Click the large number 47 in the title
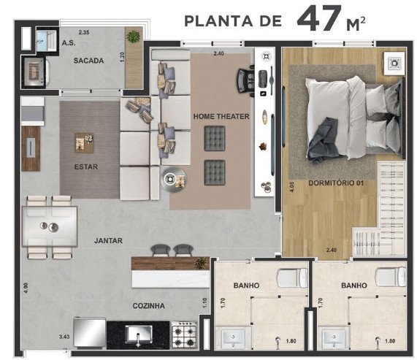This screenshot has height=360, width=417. [x=320, y=18]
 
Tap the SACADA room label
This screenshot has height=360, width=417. [x=88, y=61]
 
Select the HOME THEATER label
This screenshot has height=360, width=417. [x=221, y=116]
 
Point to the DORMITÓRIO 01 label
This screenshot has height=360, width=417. [x=336, y=183]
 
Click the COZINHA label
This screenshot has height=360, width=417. [x=149, y=306]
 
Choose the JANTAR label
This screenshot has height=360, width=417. [x=109, y=241]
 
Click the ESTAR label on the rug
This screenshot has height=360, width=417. [x=86, y=166]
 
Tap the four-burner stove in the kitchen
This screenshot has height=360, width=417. [x=184, y=335]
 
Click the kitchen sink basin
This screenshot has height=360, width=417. [x=138, y=334]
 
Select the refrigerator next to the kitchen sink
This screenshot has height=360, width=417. [x=89, y=332]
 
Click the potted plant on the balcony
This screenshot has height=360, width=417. [x=133, y=37]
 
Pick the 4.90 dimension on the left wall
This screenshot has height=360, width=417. [x=26, y=288]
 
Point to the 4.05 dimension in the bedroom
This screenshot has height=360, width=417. [x=291, y=187]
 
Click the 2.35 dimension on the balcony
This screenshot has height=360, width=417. [x=84, y=32]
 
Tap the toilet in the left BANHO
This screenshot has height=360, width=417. [x=292, y=278]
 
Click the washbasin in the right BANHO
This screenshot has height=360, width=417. [x=334, y=338]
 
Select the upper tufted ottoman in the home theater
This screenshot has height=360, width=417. [x=215, y=139]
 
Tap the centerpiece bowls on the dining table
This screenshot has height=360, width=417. [x=50, y=226]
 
